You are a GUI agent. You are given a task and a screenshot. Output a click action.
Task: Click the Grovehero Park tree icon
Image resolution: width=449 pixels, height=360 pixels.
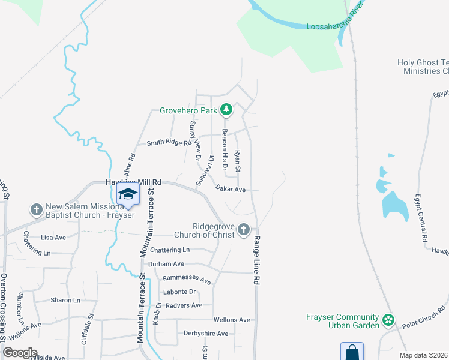(226, 110)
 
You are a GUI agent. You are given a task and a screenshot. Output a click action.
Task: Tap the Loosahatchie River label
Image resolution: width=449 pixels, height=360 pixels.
(336, 27)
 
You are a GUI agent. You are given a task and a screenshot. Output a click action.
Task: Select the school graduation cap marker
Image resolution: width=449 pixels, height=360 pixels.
(127, 194)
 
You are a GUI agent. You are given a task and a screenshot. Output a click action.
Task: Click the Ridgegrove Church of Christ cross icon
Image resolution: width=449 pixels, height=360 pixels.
(243, 229)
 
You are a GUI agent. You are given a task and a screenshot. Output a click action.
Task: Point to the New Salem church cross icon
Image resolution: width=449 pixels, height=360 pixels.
(36, 210)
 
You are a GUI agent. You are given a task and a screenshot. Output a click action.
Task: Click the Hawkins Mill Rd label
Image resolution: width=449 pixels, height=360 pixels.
(134, 182)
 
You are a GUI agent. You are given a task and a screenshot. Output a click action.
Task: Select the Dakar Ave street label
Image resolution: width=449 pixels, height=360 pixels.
(231, 189)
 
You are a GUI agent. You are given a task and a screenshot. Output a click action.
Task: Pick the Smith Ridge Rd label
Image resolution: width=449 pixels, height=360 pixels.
(164, 143)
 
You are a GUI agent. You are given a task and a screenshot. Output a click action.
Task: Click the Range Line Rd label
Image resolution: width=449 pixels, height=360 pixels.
(256, 260)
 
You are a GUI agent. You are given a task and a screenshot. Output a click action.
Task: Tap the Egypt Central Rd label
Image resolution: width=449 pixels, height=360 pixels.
(420, 217)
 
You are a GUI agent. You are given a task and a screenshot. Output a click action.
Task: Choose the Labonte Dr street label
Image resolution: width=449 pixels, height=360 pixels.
(180, 292)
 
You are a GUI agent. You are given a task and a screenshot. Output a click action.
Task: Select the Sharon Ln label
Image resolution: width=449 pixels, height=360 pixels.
(65, 300)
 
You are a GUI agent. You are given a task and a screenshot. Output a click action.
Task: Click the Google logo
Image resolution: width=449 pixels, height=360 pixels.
(20, 353)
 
